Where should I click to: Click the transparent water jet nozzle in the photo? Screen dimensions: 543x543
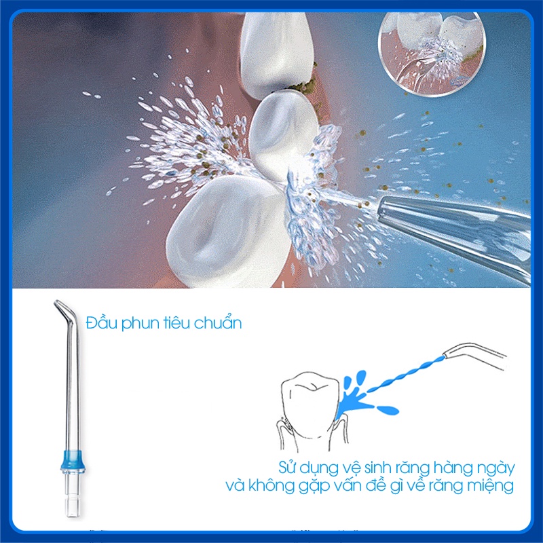(x=455, y=217)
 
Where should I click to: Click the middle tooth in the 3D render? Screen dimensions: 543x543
(x=282, y=136)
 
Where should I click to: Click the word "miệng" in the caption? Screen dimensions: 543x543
(x=492, y=486)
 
